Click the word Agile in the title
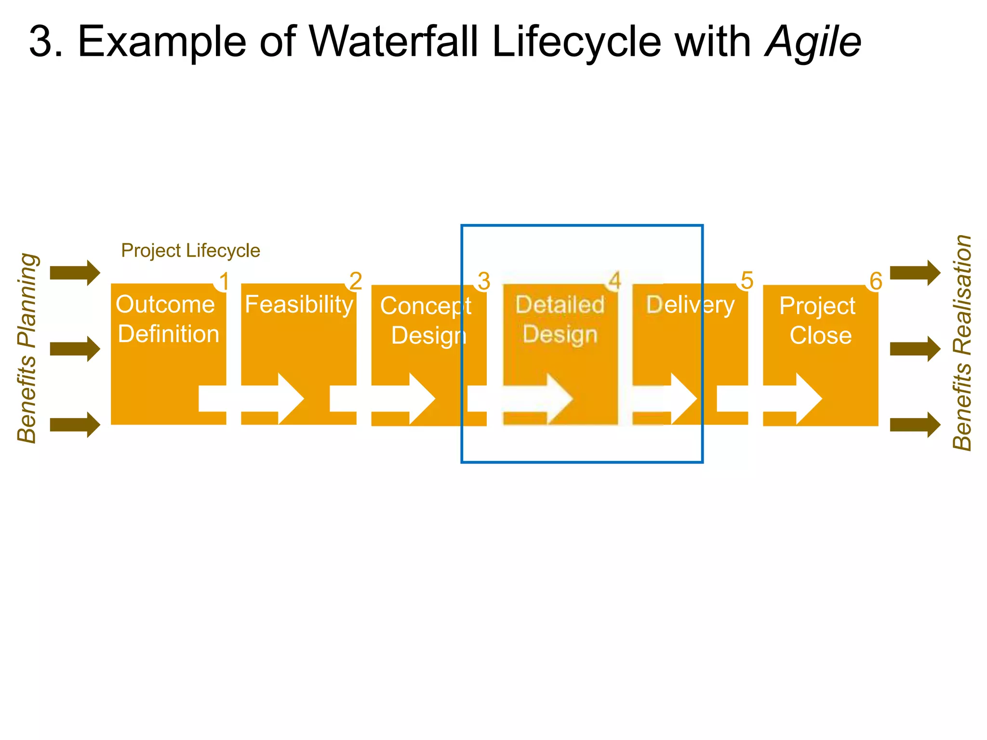coord(813,42)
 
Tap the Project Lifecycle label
coord(190,251)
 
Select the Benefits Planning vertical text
coord(27,348)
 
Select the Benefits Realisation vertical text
coord(962,343)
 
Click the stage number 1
coord(224,281)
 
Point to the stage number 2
coord(356,281)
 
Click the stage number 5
coord(747,281)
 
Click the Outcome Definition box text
coord(167,319)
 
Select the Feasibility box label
coord(299,304)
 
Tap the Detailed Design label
coord(560,319)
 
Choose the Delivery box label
coord(690,305)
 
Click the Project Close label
coord(819,320)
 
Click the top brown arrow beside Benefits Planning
coord(75,273)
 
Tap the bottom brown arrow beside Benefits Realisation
coord(915,424)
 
